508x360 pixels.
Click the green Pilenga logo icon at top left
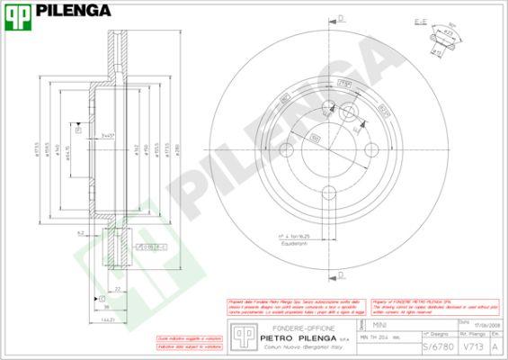(17, 12)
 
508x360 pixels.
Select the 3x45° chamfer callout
(108, 136)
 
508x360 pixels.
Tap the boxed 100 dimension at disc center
(316, 136)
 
